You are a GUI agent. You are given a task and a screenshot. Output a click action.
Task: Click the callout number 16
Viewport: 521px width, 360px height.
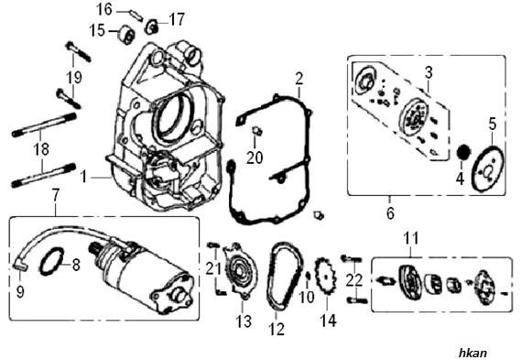coord(104,9)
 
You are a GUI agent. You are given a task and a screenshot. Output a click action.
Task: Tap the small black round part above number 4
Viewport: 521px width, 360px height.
coord(463,152)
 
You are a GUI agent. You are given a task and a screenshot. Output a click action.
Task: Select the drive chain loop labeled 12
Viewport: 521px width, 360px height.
coord(286,276)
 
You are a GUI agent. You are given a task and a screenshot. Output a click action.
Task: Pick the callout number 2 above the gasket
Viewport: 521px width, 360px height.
coord(299,79)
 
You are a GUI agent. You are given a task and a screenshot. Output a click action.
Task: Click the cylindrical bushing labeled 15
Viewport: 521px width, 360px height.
coord(126,34)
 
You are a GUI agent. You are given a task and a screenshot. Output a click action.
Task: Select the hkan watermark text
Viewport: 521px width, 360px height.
coord(473,353)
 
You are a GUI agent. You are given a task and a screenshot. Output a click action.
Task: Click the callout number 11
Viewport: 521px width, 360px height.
coord(411,238)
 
